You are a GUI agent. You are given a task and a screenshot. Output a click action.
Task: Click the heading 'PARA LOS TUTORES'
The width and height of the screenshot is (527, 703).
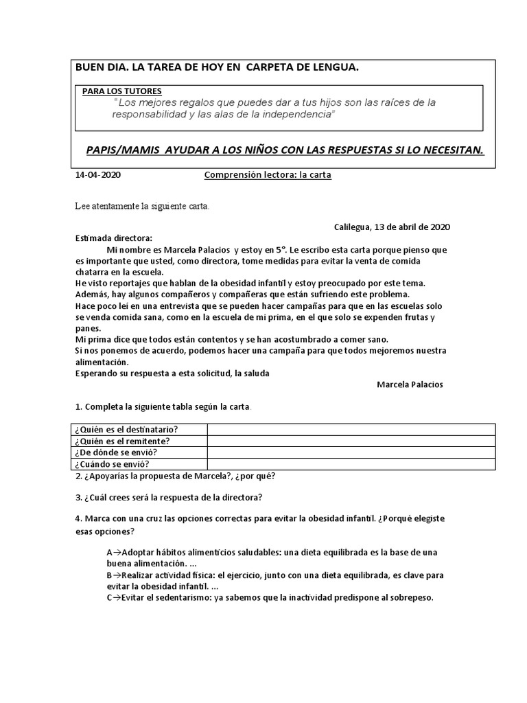pyautogui.click(x=122, y=91)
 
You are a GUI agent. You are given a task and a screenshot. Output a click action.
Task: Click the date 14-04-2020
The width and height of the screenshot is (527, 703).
pyautogui.click(x=97, y=175)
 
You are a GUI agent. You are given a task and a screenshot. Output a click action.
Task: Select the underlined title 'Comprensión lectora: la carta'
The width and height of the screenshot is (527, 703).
pyautogui.click(x=268, y=175)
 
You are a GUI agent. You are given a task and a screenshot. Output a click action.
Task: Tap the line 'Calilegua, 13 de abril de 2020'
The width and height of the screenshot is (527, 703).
pyautogui.click(x=392, y=227)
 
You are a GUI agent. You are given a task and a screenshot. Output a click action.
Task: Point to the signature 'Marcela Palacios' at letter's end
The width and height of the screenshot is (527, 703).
pyautogui.click(x=410, y=384)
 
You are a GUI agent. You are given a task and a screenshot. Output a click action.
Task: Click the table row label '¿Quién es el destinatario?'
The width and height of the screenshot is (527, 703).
pyautogui.click(x=130, y=430)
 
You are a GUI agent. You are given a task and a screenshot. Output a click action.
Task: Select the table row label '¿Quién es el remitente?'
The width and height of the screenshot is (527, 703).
pyautogui.click(x=124, y=441)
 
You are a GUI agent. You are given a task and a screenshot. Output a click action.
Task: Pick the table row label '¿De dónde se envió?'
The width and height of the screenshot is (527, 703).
pyautogui.click(x=117, y=452)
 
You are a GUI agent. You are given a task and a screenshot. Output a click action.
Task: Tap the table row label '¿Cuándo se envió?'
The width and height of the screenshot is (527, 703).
pyautogui.click(x=113, y=464)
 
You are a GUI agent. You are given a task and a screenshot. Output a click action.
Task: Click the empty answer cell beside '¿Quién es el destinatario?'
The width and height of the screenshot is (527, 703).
pyautogui.click(x=351, y=430)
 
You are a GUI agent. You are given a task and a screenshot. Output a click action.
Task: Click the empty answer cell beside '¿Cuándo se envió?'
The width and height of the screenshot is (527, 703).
pyautogui.click(x=351, y=464)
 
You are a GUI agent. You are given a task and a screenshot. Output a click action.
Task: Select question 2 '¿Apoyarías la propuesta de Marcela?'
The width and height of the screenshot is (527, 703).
pyautogui.click(x=176, y=476)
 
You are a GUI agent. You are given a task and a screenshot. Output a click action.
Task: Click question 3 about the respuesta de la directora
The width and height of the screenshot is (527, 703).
pyautogui.click(x=169, y=497)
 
